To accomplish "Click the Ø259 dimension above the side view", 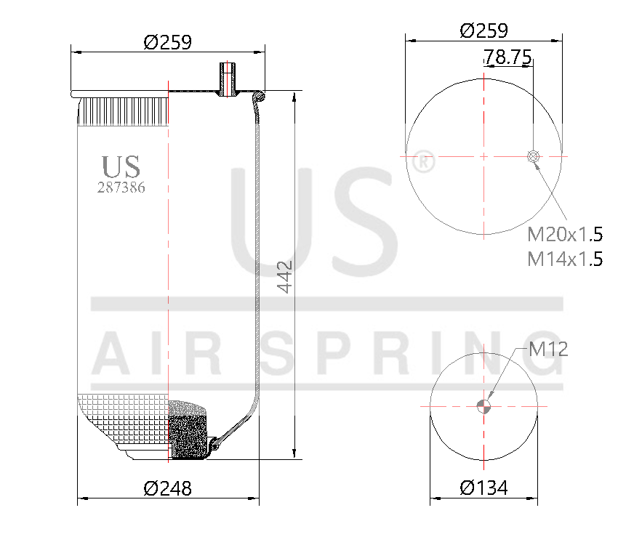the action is pos(168,42).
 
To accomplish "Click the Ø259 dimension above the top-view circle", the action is pos(483,30).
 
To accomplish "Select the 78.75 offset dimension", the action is pos(508,57).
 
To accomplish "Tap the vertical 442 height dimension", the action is pos(285,276).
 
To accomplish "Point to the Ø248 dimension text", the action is pos(168,488).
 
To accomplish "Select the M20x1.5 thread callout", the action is pos(565,234).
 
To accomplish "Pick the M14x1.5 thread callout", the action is pos(565,258).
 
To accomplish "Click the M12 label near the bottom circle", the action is pos(547,350).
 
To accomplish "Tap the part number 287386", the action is pos(121,187).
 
